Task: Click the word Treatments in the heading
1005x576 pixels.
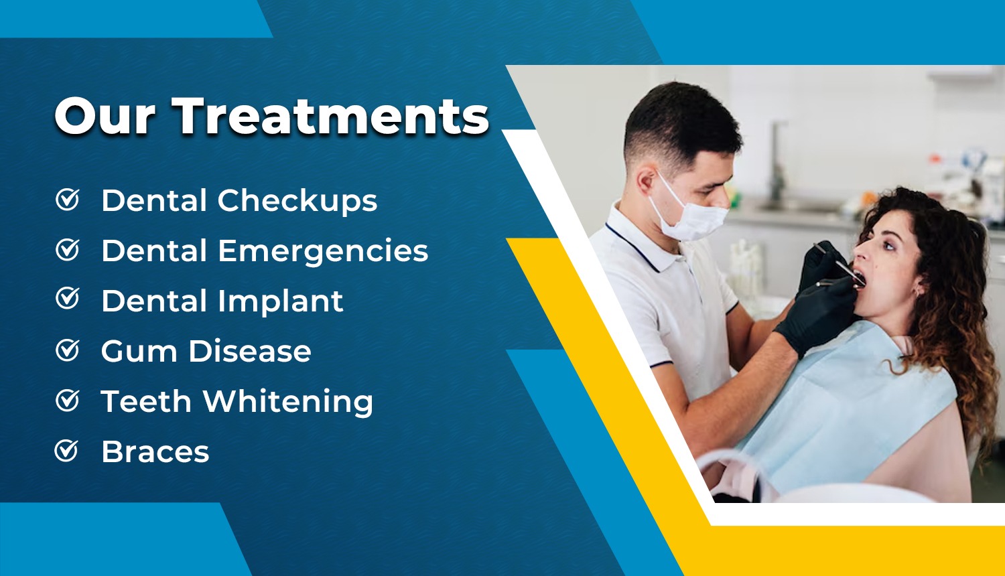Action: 330,116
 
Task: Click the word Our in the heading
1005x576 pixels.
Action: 105,116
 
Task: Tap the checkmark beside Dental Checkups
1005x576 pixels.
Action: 67,199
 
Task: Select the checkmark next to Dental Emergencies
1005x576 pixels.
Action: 67,249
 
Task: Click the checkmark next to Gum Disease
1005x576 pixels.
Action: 67,350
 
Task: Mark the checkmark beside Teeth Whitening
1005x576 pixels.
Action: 67,400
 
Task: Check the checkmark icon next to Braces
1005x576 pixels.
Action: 66,450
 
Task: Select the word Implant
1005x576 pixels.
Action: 281,301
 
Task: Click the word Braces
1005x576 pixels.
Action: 155,451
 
